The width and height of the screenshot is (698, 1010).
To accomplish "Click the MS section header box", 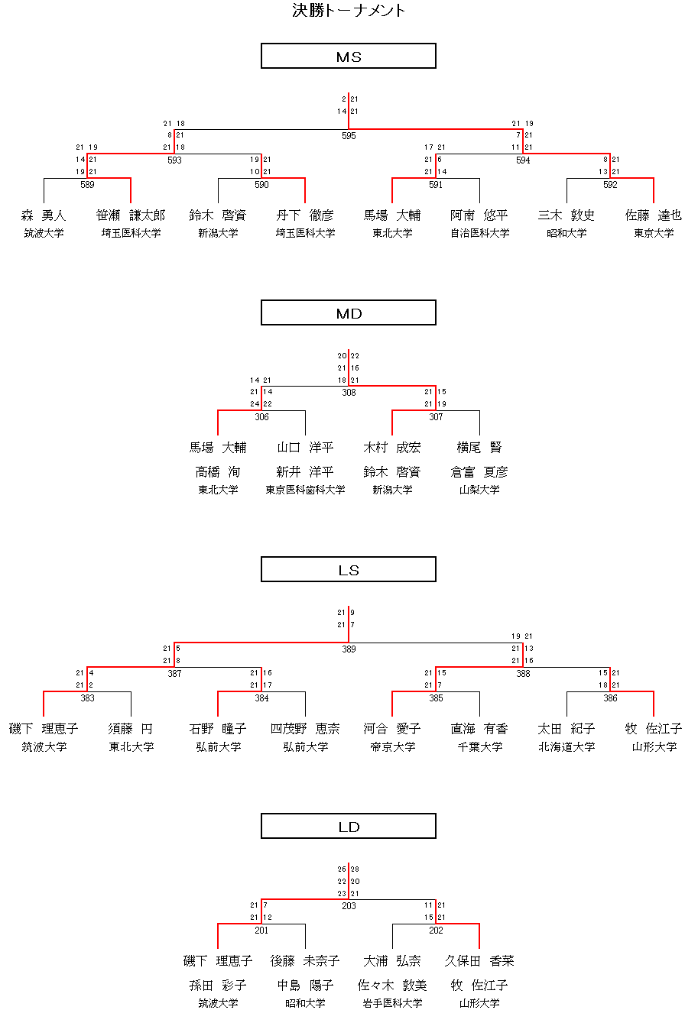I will pyautogui.click(x=349, y=56).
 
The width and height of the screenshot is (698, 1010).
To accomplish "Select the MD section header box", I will pyautogui.click(x=349, y=312).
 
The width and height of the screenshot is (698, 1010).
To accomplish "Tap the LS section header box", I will pyautogui.click(x=349, y=569).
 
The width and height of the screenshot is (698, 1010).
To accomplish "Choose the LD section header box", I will pyautogui.click(x=349, y=826).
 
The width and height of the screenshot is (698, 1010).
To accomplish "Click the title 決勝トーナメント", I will pyautogui.click(x=349, y=11).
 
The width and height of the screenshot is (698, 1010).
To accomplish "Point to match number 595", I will pyautogui.click(x=349, y=136).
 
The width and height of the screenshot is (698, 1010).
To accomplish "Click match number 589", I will pyautogui.click(x=87, y=185).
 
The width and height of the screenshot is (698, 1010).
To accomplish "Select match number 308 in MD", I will pyautogui.click(x=349, y=393).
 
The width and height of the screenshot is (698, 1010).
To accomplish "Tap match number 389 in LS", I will pyautogui.click(x=349, y=649).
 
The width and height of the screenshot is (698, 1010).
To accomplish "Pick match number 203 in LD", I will pyautogui.click(x=349, y=906).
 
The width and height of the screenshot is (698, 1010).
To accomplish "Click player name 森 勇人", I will pyautogui.click(x=44, y=216).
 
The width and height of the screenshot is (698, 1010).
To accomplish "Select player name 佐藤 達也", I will pyautogui.click(x=654, y=216).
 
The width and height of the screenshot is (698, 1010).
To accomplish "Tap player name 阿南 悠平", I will pyautogui.click(x=479, y=216).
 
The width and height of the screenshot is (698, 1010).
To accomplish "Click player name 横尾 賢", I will pyautogui.click(x=479, y=448).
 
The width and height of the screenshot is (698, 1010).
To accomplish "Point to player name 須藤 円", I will pyautogui.click(x=131, y=729).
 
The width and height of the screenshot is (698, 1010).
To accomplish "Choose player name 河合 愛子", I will pyautogui.click(x=392, y=729).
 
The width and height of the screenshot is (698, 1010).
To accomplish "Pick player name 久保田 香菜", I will pyautogui.click(x=479, y=961).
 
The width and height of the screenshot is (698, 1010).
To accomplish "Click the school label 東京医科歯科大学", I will pyautogui.click(x=305, y=490).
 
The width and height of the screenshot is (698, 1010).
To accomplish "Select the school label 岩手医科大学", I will pyautogui.click(x=392, y=1003).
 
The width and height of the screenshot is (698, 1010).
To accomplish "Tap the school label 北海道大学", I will pyautogui.click(x=567, y=746).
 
